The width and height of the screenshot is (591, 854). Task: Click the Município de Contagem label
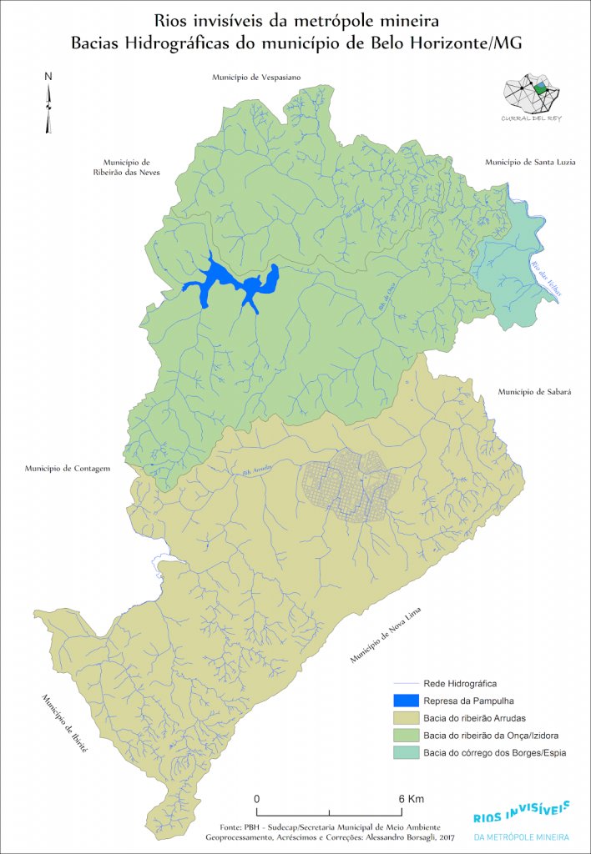pyautogui.click(x=68, y=469)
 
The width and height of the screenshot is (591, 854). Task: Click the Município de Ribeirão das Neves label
pyautogui.click(x=126, y=167)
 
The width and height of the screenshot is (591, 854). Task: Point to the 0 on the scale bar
pyautogui.click(x=256, y=798)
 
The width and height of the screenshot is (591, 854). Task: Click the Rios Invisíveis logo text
pyautogui.click(x=521, y=812)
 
